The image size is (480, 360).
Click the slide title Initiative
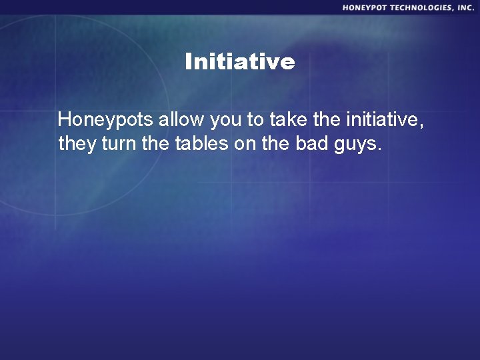click(x=239, y=62)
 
